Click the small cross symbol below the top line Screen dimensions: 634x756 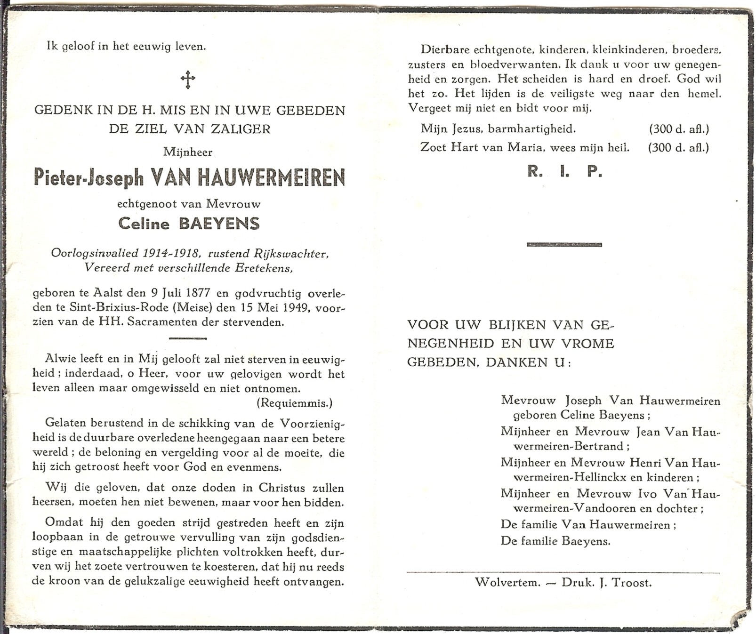188,80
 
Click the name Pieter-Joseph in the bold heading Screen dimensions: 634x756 88,178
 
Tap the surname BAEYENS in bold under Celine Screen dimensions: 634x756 219,223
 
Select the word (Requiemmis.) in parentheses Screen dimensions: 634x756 295,403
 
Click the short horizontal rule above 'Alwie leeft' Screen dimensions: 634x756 187,338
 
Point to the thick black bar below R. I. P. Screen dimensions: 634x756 564,244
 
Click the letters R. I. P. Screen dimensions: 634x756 564,172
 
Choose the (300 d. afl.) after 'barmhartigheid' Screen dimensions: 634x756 678,128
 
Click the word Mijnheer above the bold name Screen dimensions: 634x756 187,152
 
